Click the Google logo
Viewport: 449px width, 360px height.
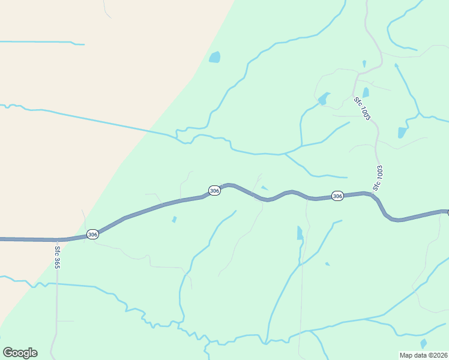pos(20,353)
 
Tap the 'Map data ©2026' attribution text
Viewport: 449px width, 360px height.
pos(423,355)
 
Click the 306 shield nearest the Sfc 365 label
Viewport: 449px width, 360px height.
pos(92,235)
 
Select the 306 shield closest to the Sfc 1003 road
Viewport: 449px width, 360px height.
pos(337,196)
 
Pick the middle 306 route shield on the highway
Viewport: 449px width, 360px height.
pos(214,190)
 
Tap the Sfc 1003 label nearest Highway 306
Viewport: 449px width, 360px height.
pos(378,178)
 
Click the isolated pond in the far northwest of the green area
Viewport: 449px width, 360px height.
pos(214,58)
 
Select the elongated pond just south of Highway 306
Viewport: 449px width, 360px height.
pos(300,233)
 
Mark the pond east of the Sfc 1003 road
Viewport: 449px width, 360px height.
pos(402,133)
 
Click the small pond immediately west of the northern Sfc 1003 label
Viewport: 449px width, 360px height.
pos(366,92)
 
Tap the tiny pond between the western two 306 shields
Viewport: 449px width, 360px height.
pos(174,220)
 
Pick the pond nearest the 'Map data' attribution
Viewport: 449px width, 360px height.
pos(424,343)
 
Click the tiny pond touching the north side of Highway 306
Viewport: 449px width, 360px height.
pos(264,188)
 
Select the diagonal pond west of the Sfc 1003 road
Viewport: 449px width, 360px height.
pos(324,98)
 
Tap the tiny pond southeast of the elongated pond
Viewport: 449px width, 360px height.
pos(327,263)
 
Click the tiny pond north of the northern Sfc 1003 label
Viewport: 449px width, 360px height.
pos(364,63)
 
